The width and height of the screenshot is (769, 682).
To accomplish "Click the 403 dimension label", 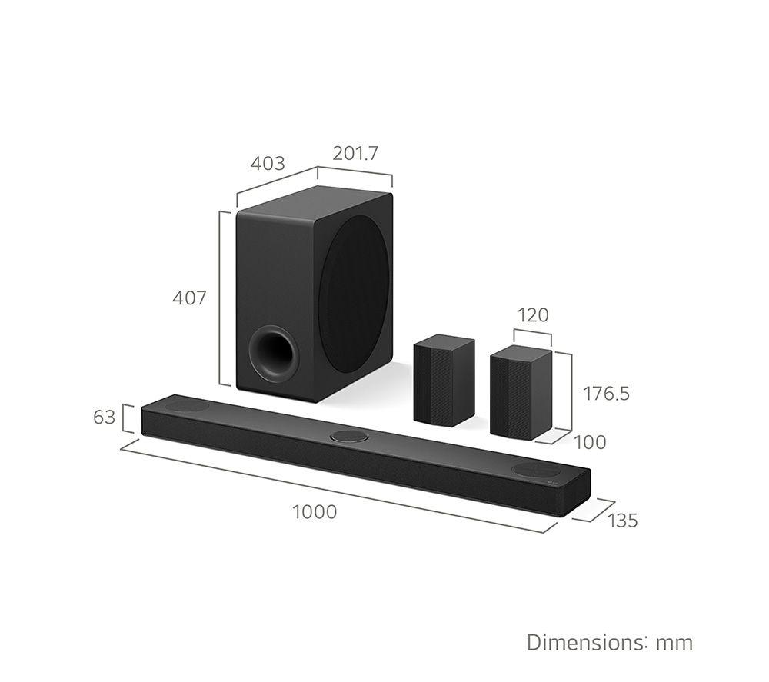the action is coord(268,163).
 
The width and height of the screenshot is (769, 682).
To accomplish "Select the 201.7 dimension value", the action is coord(355,154).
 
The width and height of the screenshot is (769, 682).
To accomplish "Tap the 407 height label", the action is coord(189,298).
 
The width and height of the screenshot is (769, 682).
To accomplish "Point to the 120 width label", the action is coord(533,314).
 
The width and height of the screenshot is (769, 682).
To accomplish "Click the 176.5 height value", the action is coord(606,393).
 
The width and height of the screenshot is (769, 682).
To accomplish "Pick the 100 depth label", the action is coord(590,442).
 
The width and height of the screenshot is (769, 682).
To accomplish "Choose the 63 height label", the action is coord(104,418).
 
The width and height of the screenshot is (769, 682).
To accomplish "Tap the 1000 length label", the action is coord(315,512).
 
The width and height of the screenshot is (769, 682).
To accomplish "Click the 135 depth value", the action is coord(623,521).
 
